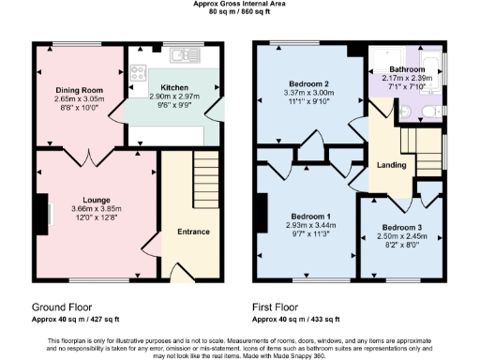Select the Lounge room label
pyautogui.click(x=97, y=199)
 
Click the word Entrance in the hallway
pyautogui.click(x=191, y=232)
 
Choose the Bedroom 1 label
pyautogui.click(x=309, y=215)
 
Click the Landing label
pyautogui.click(x=390, y=166)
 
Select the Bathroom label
pyautogui.click(x=407, y=69)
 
